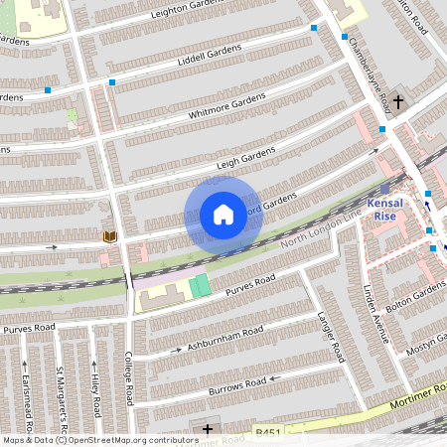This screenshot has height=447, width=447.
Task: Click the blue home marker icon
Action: click(x=223, y=214)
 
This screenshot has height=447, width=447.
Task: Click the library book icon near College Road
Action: click(x=109, y=235)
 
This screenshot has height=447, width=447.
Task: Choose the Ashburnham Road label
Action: click(x=224, y=338)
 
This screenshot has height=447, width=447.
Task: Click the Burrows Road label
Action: click(x=237, y=382)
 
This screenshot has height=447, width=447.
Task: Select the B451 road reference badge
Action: click(x=267, y=432)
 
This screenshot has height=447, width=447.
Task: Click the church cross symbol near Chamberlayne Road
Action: click(x=398, y=101)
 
